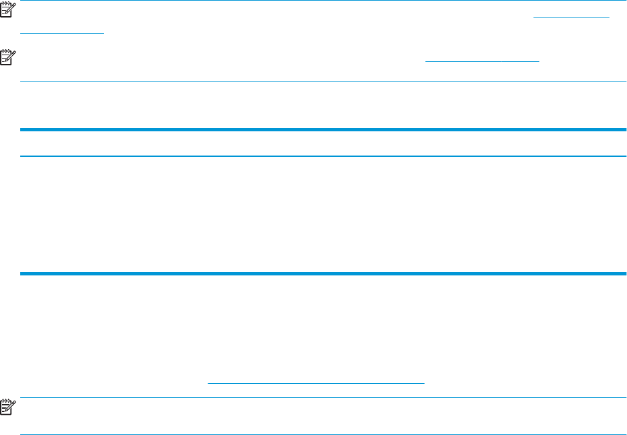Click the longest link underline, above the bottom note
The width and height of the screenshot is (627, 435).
(x=316, y=383)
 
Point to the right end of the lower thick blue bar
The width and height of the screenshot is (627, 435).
(x=624, y=273)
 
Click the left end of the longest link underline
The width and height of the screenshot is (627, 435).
(x=208, y=383)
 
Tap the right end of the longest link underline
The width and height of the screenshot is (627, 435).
(x=424, y=383)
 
